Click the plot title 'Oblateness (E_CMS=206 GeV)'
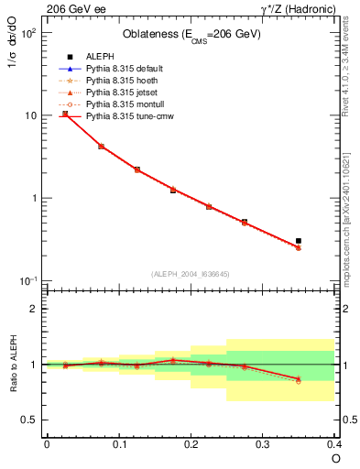[191, 35]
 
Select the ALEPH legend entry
[101, 57]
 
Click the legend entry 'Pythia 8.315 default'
[128, 69]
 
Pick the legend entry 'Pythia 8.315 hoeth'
[125, 81]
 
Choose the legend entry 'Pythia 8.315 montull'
[127, 104]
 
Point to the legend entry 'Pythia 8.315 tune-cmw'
[131, 116]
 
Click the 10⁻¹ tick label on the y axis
[28, 281]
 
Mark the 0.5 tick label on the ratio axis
[30, 420]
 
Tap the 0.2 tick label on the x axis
[191, 443]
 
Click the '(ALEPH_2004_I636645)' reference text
[191, 273]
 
